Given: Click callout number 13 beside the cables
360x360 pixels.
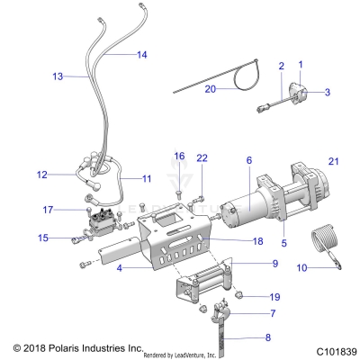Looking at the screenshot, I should (57, 77).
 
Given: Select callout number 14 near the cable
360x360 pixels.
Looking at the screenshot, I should (142, 56).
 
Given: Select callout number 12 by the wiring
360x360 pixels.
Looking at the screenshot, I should (41, 175).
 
